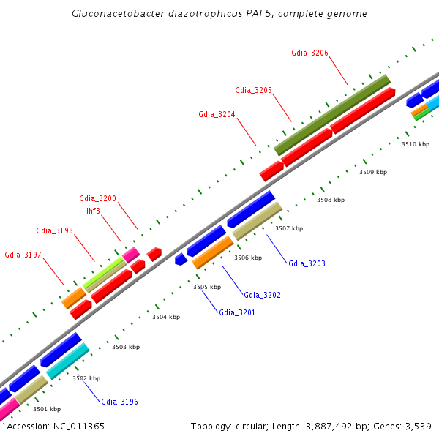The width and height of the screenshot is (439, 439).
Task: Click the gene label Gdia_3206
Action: (309, 53)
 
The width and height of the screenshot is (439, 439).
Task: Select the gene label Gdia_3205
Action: (253, 90)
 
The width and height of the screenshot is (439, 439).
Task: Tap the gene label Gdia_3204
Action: (217, 114)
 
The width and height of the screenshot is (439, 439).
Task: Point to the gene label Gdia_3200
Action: (97, 198)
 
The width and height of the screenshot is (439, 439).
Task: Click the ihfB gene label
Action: (93, 211)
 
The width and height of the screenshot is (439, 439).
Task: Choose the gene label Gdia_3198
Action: (54, 230)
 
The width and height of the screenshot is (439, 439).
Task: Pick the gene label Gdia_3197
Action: (23, 255)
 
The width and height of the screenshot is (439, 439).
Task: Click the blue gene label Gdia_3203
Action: (307, 263)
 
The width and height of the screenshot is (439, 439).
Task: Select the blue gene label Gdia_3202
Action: (262, 295)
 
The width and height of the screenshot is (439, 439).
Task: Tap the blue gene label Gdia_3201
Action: (237, 312)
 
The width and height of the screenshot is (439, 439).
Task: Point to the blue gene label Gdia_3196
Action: (119, 402)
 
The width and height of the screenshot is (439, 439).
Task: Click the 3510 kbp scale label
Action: (415, 144)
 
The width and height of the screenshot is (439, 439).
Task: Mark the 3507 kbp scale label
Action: (288, 228)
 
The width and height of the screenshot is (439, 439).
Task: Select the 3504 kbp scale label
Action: (165, 317)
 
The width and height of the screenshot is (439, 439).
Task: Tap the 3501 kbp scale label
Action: (46, 409)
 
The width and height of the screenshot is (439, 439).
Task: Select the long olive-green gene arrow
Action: (332, 115)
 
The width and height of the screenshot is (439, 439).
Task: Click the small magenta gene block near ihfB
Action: (131, 255)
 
